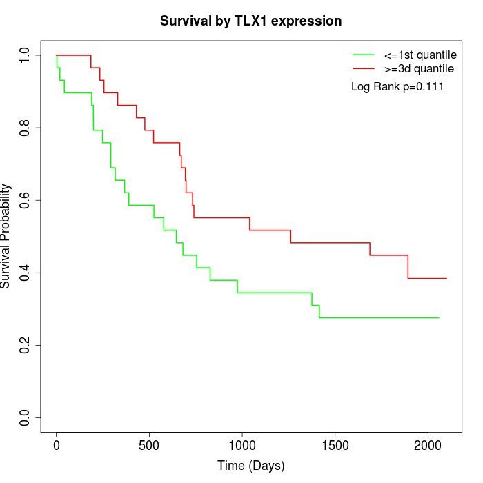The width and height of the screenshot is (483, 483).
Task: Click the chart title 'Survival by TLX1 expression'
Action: pyautogui.click(x=250, y=21)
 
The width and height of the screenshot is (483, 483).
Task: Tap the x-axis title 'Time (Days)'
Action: pyautogui.click(x=250, y=466)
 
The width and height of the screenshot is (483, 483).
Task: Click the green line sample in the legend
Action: pyautogui.click(x=364, y=54)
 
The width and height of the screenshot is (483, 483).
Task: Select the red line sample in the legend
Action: pyautogui.click(x=364, y=68)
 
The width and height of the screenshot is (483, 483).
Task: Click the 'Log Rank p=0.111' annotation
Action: pyautogui.click(x=397, y=86)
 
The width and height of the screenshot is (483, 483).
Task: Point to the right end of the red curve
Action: pyautogui.click(x=446, y=278)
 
